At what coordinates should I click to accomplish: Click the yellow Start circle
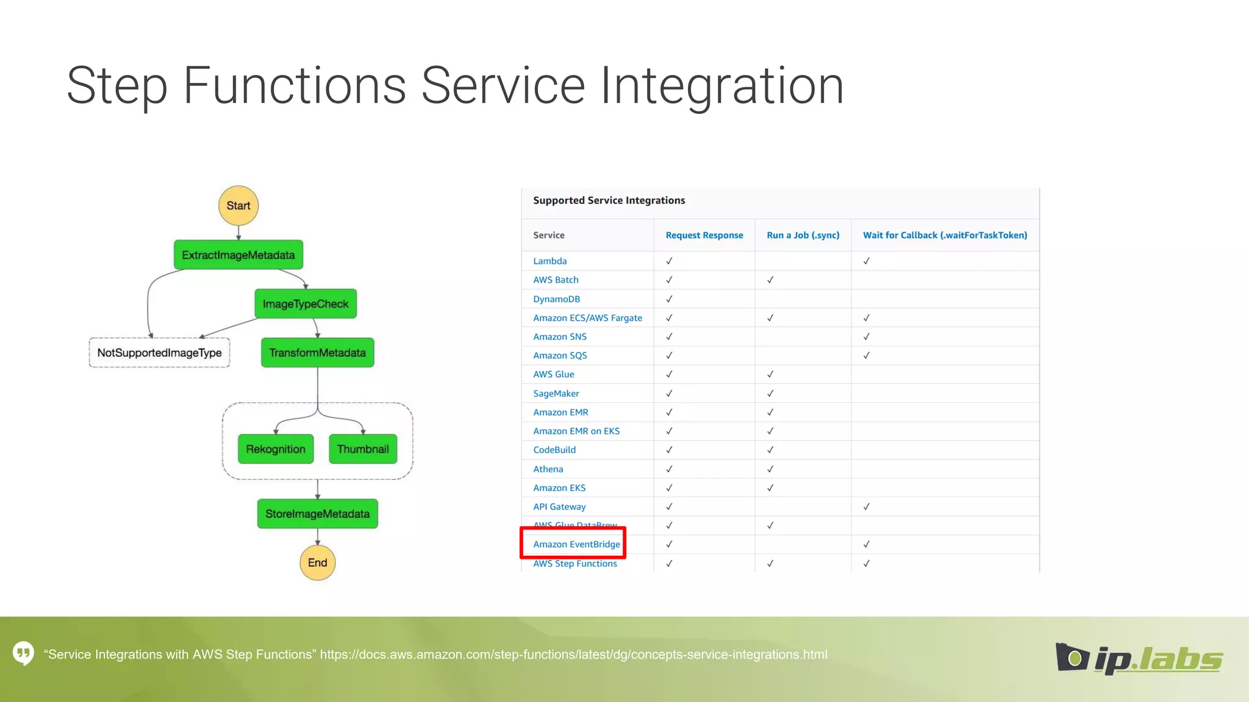[238, 205]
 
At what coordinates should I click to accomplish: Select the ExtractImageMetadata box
[238, 255]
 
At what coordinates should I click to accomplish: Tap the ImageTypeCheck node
[306, 303]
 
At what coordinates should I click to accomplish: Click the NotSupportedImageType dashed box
[159, 353]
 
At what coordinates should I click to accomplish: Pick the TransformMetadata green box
[317, 353]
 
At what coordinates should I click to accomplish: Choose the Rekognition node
[276, 449]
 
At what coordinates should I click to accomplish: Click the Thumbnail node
[363, 449]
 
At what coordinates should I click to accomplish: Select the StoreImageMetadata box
[317, 514]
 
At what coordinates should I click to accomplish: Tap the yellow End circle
[317, 562]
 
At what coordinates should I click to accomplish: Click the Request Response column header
[704, 235]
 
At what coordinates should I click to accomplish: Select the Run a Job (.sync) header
[803, 235]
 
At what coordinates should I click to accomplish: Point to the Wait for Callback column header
[945, 235]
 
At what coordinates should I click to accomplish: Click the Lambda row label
[549, 261]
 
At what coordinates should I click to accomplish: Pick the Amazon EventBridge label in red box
[576, 544]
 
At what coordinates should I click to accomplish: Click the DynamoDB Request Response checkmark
[669, 299]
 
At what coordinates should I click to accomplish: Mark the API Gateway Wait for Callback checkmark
[866, 506]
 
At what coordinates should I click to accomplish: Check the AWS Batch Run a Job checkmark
[770, 280]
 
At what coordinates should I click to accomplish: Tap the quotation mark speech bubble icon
[23, 653]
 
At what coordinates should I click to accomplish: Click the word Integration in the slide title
[722, 86]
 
